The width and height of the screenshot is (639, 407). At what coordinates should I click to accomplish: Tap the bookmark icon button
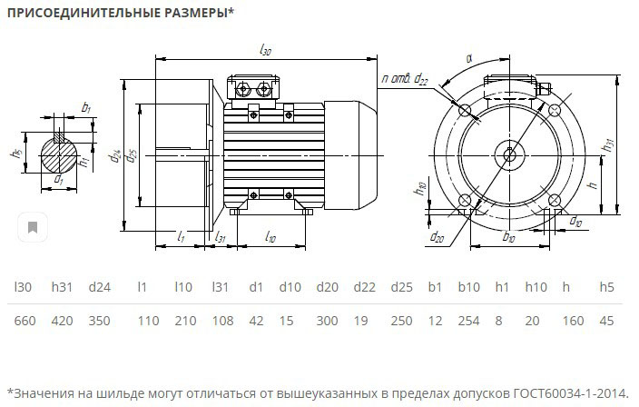[33, 227]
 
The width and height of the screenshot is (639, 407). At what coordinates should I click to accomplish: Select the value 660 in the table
[24, 321]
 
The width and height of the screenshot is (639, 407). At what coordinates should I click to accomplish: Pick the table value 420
[62, 321]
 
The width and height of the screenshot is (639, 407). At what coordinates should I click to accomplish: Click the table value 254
[468, 321]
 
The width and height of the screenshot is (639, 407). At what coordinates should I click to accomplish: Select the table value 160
[569, 321]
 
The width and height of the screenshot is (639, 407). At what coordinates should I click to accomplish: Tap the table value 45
[607, 321]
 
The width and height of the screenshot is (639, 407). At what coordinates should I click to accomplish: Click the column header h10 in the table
[536, 288]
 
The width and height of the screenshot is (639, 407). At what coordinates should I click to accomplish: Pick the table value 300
[327, 321]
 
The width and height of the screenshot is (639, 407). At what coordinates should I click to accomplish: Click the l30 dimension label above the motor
[265, 52]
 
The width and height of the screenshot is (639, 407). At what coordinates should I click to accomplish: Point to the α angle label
[469, 59]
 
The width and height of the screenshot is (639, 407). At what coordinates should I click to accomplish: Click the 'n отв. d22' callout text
[405, 80]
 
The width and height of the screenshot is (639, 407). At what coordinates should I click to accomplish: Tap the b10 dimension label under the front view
[509, 238]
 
